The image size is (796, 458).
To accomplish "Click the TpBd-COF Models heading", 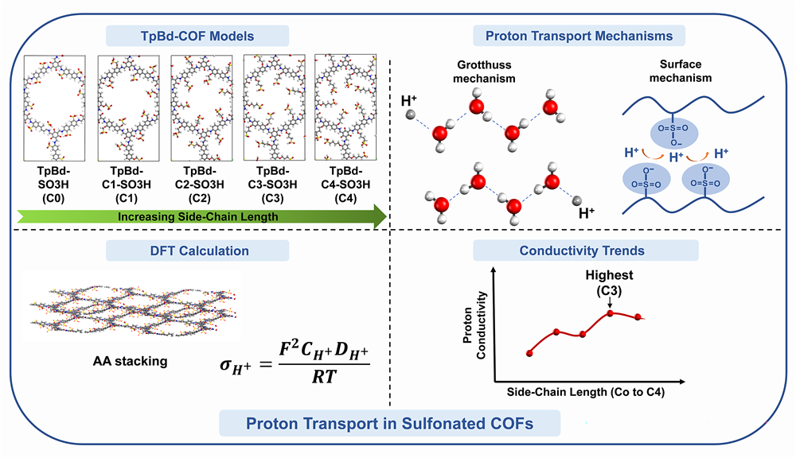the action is tap(197, 36).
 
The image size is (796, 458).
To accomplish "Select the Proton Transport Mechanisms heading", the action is tap(579, 36).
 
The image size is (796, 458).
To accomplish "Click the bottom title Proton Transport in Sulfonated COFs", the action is tap(390, 424).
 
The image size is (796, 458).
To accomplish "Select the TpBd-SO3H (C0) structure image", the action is tap(54, 108).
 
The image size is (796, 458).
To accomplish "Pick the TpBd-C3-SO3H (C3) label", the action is tap(272, 184).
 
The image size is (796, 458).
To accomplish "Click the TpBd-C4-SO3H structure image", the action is tap(345, 107).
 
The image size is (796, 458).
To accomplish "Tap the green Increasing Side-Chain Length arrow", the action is tap(201, 216).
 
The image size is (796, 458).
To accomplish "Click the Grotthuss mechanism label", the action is tap(484, 72).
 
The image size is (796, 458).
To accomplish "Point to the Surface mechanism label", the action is tap(681, 71).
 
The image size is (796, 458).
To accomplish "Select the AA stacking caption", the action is tap(130, 361).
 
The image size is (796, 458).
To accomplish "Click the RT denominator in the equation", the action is tap(324, 377).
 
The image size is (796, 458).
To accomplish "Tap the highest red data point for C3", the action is tap(611, 313).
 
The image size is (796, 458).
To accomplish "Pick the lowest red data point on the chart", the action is tap(529, 353).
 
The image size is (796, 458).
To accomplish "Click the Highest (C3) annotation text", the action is tap(609, 282).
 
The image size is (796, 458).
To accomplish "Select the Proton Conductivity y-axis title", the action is tap(474, 325).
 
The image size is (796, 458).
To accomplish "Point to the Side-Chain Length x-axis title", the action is tap(585, 392).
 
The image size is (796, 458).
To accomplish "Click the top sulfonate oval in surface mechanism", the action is tap(674, 134).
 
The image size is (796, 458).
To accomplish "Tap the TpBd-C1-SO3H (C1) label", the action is tap(127, 184).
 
